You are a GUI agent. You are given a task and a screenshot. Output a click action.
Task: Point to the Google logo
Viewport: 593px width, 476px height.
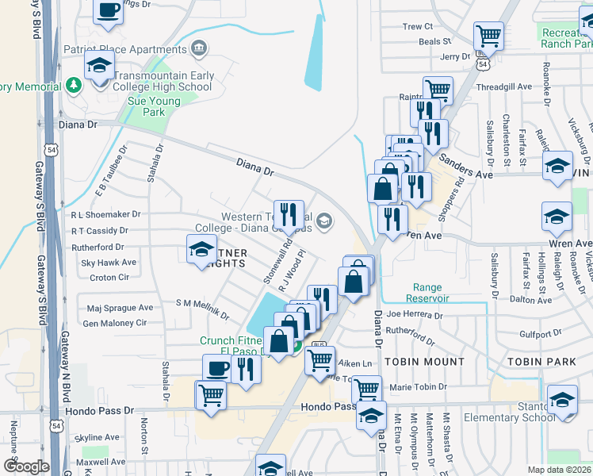pyautogui.click(x=25, y=466)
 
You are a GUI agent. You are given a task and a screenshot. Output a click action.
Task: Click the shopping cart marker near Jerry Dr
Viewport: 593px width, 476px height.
pyautogui.click(x=488, y=36)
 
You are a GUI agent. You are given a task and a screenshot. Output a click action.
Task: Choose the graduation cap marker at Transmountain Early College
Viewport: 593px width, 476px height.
pyautogui.click(x=100, y=67)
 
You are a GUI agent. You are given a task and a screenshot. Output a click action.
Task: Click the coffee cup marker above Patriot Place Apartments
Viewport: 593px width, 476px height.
pyautogui.click(x=108, y=11)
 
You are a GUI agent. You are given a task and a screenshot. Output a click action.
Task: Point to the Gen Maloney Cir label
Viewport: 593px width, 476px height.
pyautogui.click(x=115, y=323)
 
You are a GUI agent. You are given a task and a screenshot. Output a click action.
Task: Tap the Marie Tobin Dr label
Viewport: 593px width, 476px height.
pyautogui.click(x=419, y=387)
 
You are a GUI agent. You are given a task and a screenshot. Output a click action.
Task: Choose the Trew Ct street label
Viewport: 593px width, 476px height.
pyautogui.click(x=417, y=26)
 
